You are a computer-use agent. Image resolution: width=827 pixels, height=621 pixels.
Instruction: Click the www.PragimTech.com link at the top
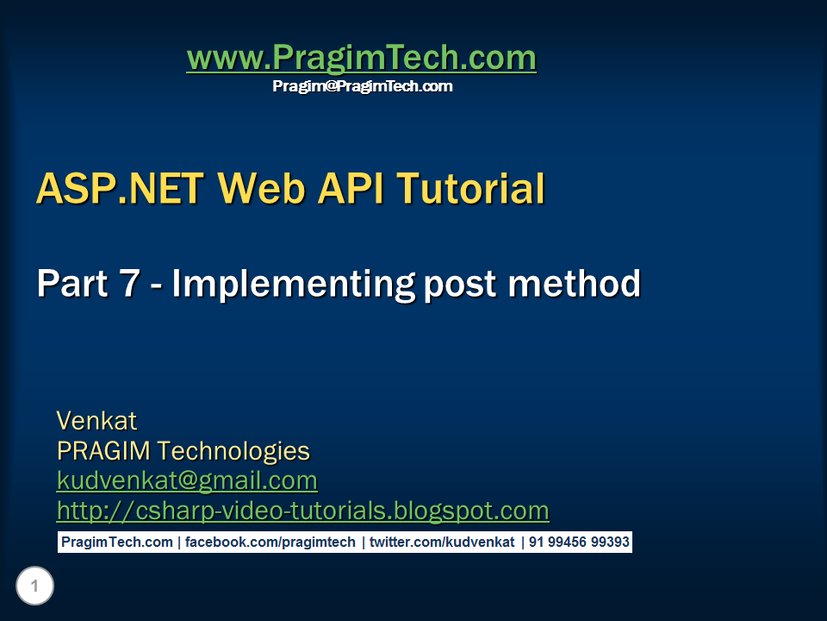pyautogui.click(x=361, y=58)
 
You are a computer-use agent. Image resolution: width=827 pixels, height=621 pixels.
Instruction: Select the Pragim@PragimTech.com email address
pyautogui.click(x=363, y=86)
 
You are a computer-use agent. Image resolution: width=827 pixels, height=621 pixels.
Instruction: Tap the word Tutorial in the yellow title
pyautogui.click(x=471, y=188)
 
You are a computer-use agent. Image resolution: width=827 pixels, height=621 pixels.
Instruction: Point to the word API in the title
pyautogui.click(x=351, y=188)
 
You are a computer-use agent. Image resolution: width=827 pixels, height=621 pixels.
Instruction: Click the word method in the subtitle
pyautogui.click(x=574, y=283)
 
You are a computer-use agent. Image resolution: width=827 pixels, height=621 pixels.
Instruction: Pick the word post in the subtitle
pyautogui.click(x=460, y=285)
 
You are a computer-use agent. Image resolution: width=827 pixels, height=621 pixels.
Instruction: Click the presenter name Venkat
pyautogui.click(x=96, y=421)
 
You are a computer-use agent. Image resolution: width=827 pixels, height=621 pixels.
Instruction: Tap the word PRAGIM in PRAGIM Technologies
pyautogui.click(x=103, y=450)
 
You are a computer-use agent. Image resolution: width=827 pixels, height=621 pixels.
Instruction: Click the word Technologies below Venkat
pyautogui.click(x=233, y=451)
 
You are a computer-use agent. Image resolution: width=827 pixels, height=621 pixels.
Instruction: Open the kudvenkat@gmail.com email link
pyautogui.click(x=187, y=481)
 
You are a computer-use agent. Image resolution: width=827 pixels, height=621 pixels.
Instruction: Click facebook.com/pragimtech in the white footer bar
pyautogui.click(x=270, y=543)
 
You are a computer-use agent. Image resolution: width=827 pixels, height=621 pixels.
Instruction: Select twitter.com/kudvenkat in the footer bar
pyautogui.click(x=442, y=543)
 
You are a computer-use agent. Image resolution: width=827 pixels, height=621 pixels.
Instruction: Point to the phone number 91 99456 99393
pyautogui.click(x=579, y=543)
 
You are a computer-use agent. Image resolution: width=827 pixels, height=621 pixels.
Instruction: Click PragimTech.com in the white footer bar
pyautogui.click(x=117, y=543)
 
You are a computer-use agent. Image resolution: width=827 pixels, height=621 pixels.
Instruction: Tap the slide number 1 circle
pyautogui.click(x=34, y=586)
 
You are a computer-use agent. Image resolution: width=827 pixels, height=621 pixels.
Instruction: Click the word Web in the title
pyautogui.click(x=261, y=188)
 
